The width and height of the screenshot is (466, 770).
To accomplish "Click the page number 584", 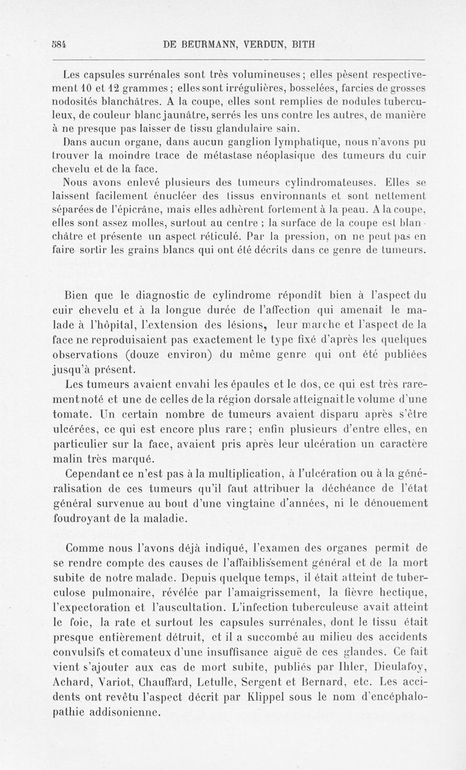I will coord(58,44).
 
